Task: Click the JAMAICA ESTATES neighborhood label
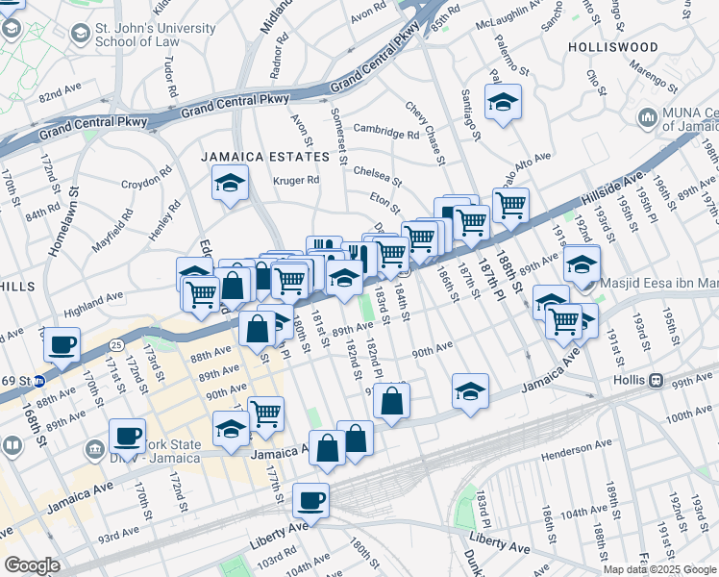(x=264, y=156)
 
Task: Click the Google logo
(x=32, y=564)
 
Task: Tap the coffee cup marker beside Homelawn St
(x=63, y=343)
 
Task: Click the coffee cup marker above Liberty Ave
(x=310, y=500)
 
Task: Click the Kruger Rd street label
(x=295, y=181)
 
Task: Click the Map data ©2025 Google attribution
(x=659, y=568)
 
